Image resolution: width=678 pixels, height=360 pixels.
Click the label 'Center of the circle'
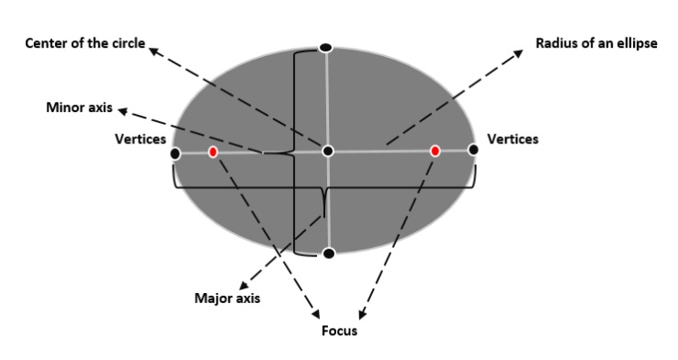(x=85, y=42)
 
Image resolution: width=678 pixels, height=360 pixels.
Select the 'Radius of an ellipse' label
(x=595, y=42)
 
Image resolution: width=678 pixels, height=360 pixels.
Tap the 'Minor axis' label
(x=79, y=107)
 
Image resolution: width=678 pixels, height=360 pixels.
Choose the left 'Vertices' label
(x=140, y=139)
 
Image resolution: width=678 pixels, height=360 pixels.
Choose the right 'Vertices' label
(x=513, y=139)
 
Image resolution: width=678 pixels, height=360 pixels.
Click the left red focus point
(x=213, y=152)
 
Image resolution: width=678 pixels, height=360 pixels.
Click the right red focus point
(x=435, y=150)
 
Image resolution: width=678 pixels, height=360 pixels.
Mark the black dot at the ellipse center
(x=328, y=151)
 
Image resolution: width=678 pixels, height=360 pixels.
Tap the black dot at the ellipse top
(x=324, y=47)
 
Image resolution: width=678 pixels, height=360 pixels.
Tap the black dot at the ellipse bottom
(x=329, y=253)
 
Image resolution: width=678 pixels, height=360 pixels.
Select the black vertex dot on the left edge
(x=175, y=153)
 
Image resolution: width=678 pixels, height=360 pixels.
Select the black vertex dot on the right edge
(x=473, y=150)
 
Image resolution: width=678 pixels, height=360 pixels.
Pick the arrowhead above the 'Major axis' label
(x=243, y=285)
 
